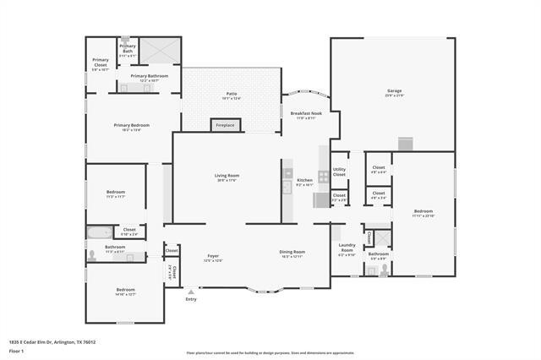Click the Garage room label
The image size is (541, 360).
click(x=395, y=90)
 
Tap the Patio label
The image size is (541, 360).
click(x=231, y=94)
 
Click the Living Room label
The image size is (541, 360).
click(x=227, y=175)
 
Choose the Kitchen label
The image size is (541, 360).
click(x=304, y=180)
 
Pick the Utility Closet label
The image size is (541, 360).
click(x=339, y=172)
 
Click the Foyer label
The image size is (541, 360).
click(x=213, y=256)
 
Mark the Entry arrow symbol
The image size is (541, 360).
click(x=191, y=292)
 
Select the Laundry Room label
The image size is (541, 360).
click(x=347, y=248)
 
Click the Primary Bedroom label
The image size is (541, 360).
click(x=132, y=125)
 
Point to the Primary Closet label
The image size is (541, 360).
click(x=101, y=62)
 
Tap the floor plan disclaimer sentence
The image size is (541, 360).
click(x=270, y=352)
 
